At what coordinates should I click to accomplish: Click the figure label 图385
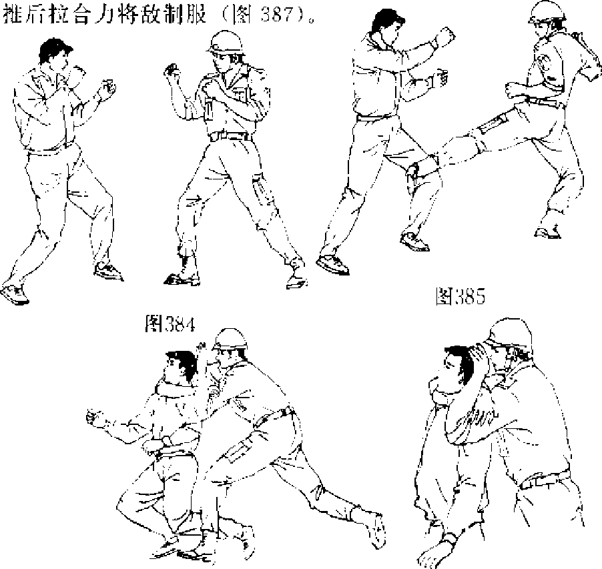(x=461, y=296)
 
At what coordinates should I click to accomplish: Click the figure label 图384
(x=170, y=324)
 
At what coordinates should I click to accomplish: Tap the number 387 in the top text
(x=276, y=15)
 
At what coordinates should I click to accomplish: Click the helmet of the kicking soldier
(x=547, y=11)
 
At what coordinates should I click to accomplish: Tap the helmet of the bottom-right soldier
(x=509, y=332)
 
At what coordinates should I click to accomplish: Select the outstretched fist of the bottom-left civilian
(x=95, y=417)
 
